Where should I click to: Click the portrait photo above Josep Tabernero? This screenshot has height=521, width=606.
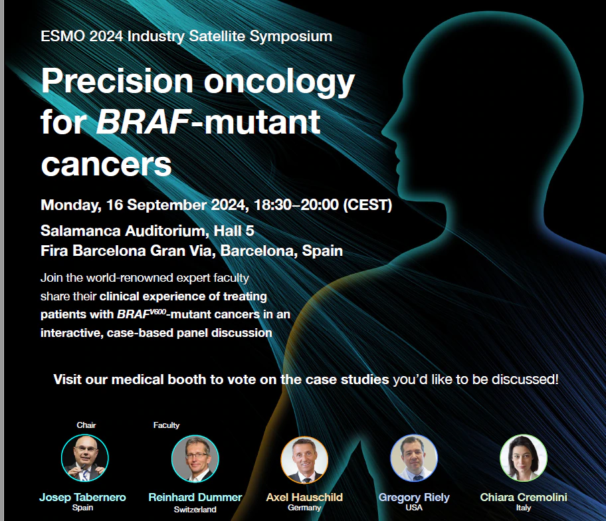point(84,458)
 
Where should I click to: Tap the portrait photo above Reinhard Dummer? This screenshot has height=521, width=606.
point(195,459)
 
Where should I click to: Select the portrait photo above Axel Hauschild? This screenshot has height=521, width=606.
point(304,460)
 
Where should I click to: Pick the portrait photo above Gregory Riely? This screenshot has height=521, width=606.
point(414,458)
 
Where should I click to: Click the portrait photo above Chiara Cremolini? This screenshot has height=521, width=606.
point(524,458)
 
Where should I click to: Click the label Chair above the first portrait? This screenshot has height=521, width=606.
point(86,425)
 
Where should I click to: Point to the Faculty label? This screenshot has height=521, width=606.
point(166,425)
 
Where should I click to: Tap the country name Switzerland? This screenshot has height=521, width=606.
point(195,510)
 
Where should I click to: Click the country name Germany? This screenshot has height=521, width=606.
point(304,508)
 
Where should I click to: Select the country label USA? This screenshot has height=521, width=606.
point(414,508)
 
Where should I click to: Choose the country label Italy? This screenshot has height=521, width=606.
point(524,508)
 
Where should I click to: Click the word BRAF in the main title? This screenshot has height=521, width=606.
point(144,122)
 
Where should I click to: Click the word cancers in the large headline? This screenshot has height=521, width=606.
point(106,165)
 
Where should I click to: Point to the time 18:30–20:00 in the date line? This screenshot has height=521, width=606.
point(296,205)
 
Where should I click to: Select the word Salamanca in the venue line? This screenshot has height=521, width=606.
point(80,231)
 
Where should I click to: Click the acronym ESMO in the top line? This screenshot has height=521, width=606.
point(62,36)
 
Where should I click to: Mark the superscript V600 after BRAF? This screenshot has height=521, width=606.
point(158,311)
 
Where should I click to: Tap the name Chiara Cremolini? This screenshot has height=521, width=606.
point(524,497)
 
